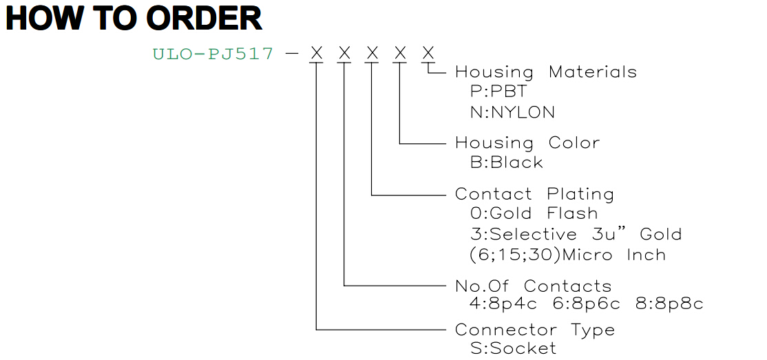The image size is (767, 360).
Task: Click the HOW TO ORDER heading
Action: (x=134, y=19)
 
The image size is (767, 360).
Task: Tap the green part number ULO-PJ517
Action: (x=213, y=53)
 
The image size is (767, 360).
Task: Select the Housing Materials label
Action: (x=546, y=72)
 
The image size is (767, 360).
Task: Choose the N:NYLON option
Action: (x=513, y=112)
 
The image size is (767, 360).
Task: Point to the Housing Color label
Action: (x=527, y=142)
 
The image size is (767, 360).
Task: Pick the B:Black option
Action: (x=507, y=162)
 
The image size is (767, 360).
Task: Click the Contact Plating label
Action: (x=535, y=194)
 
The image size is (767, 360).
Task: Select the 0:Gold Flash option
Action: (x=534, y=214)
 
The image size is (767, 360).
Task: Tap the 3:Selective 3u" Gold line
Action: (x=576, y=234)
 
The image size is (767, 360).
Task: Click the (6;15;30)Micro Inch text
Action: (x=568, y=255)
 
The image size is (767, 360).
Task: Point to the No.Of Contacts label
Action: (x=533, y=286)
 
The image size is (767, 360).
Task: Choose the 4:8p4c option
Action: (x=503, y=304)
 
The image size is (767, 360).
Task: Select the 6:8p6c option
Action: (x=587, y=304)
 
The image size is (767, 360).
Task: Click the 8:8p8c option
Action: (x=670, y=304)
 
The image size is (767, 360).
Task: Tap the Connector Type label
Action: (x=535, y=330)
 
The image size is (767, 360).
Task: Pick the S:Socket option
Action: (x=514, y=348)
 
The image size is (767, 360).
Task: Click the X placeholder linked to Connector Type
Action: (x=317, y=53)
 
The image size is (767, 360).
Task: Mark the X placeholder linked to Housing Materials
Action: (x=428, y=53)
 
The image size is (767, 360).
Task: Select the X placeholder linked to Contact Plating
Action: (x=372, y=53)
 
